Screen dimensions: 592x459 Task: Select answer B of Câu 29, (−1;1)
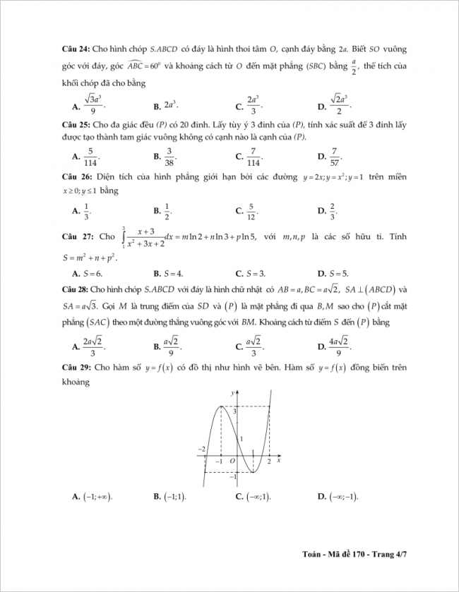(x=169, y=497)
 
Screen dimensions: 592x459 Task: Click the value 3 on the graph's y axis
(x=234, y=411)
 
